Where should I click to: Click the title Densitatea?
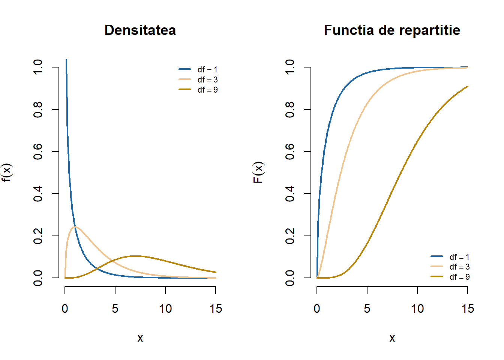coord(140,30)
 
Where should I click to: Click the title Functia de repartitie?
coord(392,30)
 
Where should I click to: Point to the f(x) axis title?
coord(7,172)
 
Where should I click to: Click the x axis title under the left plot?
coord(140,338)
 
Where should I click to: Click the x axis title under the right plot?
coord(392,338)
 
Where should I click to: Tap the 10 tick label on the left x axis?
coord(165,309)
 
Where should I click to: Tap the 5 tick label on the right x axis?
coord(367,309)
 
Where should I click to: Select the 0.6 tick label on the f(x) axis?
coord(38,151)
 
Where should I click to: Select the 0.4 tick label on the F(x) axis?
coord(290,193)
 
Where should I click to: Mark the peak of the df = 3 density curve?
coord(75,227)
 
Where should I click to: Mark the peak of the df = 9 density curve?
coord(135,256)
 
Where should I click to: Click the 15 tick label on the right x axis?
coord(468,309)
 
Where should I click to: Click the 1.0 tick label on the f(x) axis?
coord(38,67)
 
